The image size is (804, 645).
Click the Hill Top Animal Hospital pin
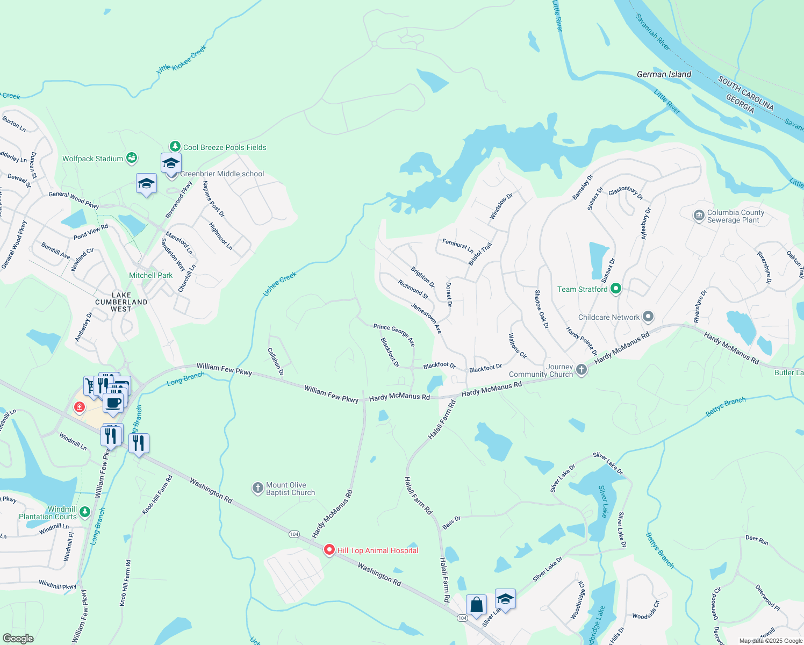pos(329,550)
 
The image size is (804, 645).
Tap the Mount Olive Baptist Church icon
pos(258,488)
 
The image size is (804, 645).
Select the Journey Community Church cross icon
pos(581,369)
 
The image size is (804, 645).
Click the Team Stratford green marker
pos(616,289)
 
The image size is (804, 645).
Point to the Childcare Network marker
pos(648,317)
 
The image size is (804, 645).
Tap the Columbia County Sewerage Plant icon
pos(699,216)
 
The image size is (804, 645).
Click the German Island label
pos(664,74)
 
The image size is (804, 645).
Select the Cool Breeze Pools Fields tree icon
pos(175,146)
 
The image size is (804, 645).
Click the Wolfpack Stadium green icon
pos(132,158)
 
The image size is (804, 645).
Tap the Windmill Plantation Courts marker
pos(85,512)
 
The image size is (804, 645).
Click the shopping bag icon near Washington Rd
pos(476,605)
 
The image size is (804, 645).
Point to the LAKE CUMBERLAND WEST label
pos(121,302)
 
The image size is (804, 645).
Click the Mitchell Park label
pos(151,275)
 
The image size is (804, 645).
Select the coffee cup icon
pos(113,403)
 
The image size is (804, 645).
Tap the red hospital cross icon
pos(80,407)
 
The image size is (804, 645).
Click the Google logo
pos(18,638)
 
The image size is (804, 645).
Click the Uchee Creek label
pos(279,284)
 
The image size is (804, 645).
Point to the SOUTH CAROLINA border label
pos(745,94)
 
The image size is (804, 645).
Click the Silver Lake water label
pos(604,501)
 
